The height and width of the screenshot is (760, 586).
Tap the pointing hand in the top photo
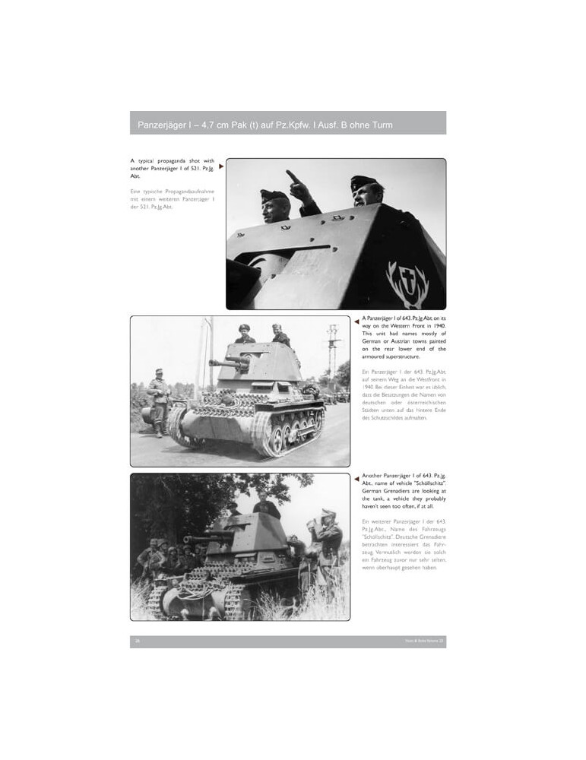[293, 178]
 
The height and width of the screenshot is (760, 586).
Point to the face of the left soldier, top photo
[277, 207]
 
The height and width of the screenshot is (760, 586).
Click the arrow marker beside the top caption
[220, 166]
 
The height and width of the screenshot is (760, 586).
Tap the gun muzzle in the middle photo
[212, 363]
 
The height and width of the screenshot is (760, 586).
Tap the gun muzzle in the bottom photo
[187, 540]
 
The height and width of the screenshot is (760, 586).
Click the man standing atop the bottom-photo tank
[266, 505]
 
